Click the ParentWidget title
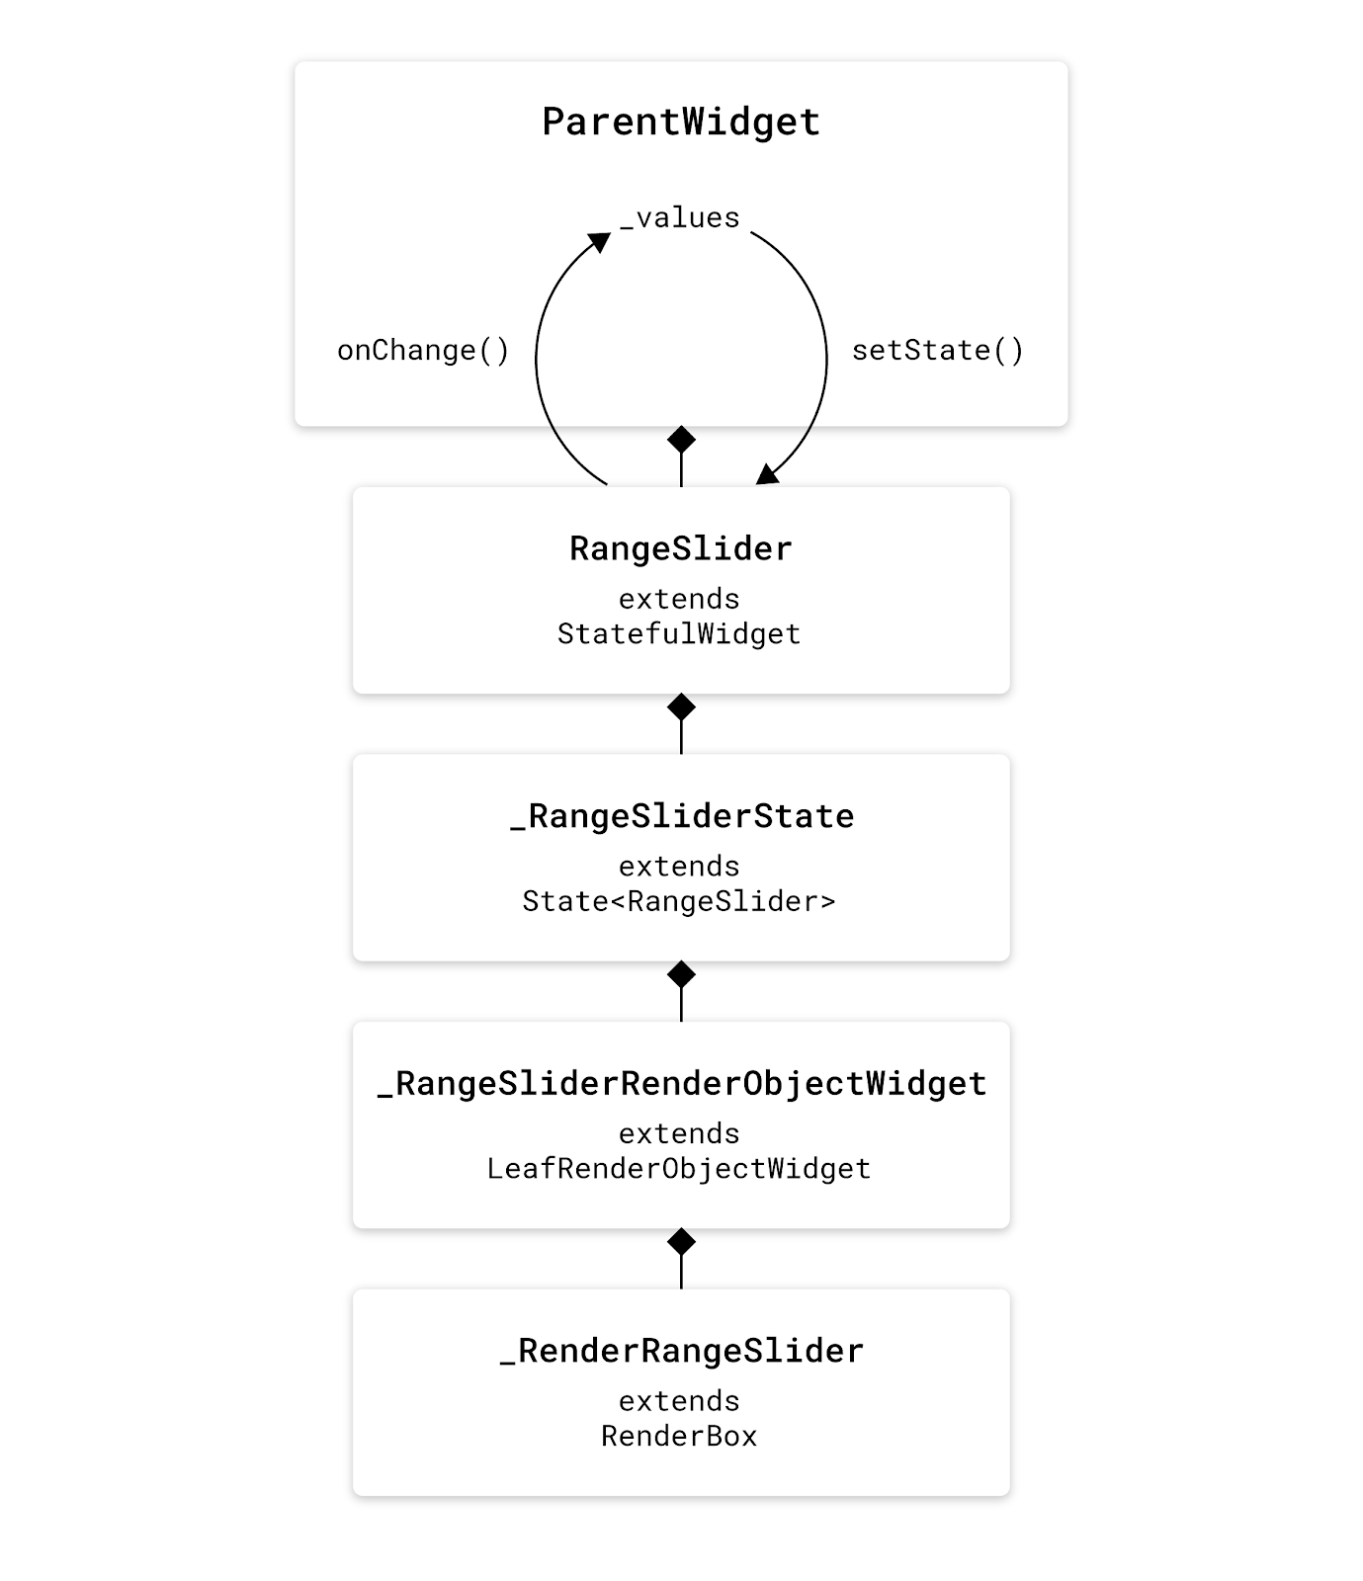pyautogui.click(x=681, y=123)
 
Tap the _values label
pyautogui.click(x=680, y=217)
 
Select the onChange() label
pyautogui.click(x=423, y=351)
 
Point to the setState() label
pyautogui.click(x=937, y=351)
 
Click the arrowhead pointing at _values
pyautogui.click(x=599, y=242)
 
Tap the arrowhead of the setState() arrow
pyautogui.click(x=767, y=474)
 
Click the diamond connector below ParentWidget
pyautogui.click(x=681, y=439)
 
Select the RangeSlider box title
pyautogui.click(x=681, y=549)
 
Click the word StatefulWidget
pyautogui.click(x=679, y=634)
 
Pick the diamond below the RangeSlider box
pyautogui.click(x=681, y=707)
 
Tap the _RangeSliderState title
pyautogui.click(x=682, y=817)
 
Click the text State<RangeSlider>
pyautogui.click(x=679, y=901)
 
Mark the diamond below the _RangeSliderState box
pyautogui.click(x=681, y=974)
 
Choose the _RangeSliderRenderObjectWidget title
pyautogui.click(x=682, y=1084)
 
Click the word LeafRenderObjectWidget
pyautogui.click(x=679, y=1169)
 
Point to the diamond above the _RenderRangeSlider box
pyautogui.click(x=681, y=1241)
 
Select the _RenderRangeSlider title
pyautogui.click(x=682, y=1352)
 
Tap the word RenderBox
pyautogui.click(x=679, y=1436)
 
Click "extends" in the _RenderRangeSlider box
pyautogui.click(x=679, y=1401)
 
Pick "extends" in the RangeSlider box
pyautogui.click(x=679, y=599)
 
